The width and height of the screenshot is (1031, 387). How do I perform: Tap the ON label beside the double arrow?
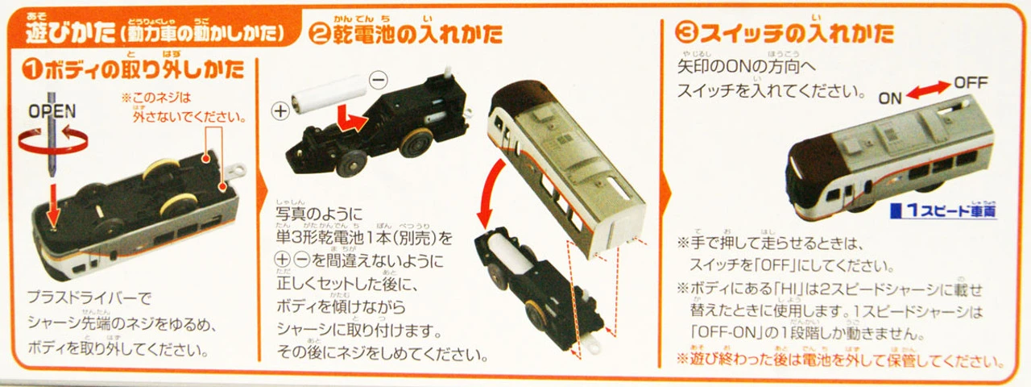890,98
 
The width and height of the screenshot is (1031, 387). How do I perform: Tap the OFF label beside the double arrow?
970,83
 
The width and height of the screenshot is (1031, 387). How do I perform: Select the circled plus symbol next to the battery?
280,111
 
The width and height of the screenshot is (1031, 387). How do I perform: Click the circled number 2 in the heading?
321,35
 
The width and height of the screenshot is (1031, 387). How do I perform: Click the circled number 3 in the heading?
685,35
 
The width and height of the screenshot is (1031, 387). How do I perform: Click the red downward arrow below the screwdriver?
52,206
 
